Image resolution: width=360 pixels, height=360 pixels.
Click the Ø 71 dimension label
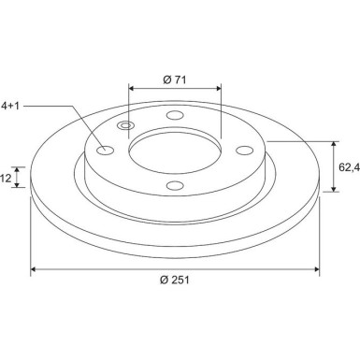[175, 79]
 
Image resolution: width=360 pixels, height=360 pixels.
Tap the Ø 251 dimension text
[175, 280]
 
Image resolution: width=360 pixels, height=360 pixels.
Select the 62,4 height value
[349, 167]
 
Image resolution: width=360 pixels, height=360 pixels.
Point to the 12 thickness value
[6, 179]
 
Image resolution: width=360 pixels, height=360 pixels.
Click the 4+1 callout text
[10, 106]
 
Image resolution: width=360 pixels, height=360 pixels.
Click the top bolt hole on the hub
[175, 115]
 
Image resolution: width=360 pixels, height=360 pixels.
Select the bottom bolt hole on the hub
[175, 185]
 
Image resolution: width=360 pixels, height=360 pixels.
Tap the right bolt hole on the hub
[244, 151]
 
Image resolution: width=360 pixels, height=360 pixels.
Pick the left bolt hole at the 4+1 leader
[106, 151]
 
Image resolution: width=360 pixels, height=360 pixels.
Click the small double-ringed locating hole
[125, 125]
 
